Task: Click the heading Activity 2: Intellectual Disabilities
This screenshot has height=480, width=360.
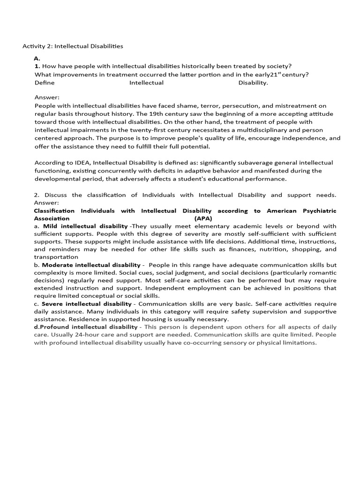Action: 73,46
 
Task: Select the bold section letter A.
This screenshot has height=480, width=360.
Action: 37,58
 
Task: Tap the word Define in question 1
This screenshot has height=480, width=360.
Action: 45,82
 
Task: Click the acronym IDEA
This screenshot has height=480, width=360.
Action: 75,163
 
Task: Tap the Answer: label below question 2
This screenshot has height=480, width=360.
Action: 47,202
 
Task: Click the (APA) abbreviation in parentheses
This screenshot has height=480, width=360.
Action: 203,218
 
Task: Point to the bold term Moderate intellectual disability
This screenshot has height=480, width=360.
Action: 91,265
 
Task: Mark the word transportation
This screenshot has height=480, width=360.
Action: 56,257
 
